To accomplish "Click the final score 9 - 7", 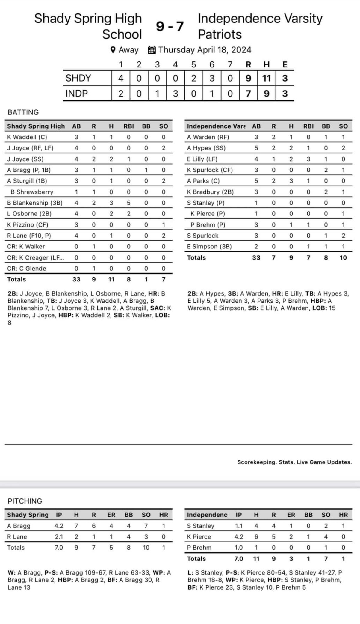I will [x=170, y=27].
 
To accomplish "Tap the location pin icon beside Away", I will [x=113, y=50].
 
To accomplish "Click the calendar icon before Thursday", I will [x=152, y=50].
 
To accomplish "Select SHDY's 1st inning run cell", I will [x=121, y=78].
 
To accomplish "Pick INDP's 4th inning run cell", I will [x=176, y=94].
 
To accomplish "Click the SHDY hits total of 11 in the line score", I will [x=267, y=78].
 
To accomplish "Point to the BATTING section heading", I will [x=23, y=112].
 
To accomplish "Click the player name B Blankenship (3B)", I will [x=35, y=203].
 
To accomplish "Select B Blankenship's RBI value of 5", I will [x=129, y=203].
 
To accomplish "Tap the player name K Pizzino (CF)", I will [x=28, y=225].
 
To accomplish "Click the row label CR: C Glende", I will [x=27, y=269].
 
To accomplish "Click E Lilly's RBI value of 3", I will [x=308, y=159].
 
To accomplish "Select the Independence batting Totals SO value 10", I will [x=343, y=258].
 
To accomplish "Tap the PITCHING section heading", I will [x=25, y=501].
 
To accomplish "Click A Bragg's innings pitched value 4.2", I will [x=59, y=526].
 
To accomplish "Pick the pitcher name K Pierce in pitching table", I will [x=199, y=537].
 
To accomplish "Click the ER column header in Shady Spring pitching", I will [x=111, y=515].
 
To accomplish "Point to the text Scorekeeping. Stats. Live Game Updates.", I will [x=295, y=462].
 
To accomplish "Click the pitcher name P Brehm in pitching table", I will [x=199, y=548].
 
